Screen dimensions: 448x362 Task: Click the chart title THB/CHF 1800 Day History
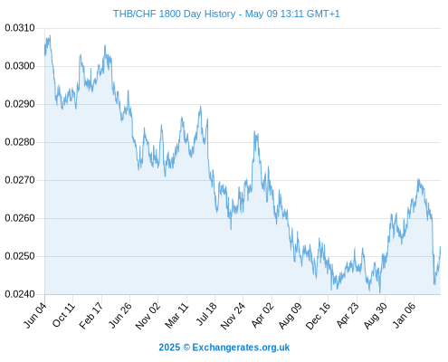click(174, 14)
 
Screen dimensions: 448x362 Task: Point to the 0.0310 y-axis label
click(20, 28)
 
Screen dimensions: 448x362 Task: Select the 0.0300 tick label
click(20, 66)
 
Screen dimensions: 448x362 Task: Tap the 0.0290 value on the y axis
click(20, 104)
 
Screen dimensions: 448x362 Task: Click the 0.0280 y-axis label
click(20, 142)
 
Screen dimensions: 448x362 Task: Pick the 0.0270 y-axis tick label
click(20, 180)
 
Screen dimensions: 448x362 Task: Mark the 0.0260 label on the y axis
click(20, 218)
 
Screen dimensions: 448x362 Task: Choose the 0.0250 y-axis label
click(20, 256)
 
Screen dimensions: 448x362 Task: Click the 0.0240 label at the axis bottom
click(20, 294)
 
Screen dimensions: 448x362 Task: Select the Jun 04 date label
click(35, 315)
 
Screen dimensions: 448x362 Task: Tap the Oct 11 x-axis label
click(63, 315)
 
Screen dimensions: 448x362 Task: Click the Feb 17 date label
click(91, 315)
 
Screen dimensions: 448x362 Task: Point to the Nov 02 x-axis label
click(148, 316)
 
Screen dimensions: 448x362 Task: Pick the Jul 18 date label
click(206, 314)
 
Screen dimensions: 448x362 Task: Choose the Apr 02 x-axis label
click(262, 315)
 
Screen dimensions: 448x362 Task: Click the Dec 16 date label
click(319, 316)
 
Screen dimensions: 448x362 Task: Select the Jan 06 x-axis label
click(405, 315)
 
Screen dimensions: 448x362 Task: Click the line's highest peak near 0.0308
click(50, 35)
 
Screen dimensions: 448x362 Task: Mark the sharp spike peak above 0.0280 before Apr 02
click(254, 131)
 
